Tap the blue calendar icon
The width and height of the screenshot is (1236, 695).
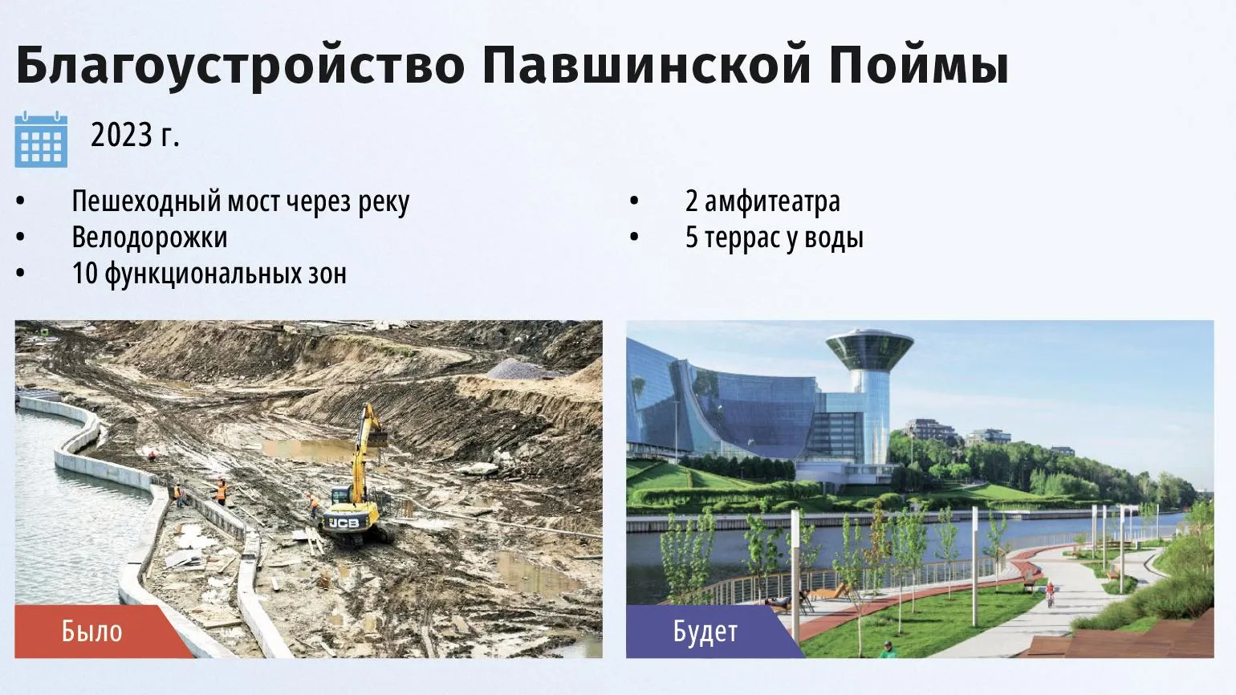pyautogui.click(x=42, y=139)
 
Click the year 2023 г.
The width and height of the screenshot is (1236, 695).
pyautogui.click(x=135, y=135)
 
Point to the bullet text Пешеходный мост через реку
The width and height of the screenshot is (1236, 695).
pyautogui.click(x=241, y=201)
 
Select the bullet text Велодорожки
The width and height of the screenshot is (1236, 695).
pyautogui.click(x=149, y=238)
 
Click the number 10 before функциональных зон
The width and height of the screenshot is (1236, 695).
pyautogui.click(x=85, y=273)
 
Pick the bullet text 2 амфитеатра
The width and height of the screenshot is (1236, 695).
pyautogui.click(x=762, y=201)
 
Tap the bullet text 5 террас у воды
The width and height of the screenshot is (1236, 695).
pyautogui.click(x=775, y=238)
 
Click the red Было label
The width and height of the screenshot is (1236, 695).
pyautogui.click(x=91, y=632)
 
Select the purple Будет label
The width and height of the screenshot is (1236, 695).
pyautogui.click(x=705, y=632)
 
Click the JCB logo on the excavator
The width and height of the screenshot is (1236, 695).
pyautogui.click(x=344, y=522)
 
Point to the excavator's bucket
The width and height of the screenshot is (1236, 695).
pyautogui.click(x=378, y=438)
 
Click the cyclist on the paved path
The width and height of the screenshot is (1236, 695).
pyautogui.click(x=1050, y=593)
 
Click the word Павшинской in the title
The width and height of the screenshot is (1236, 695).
pyautogui.click(x=647, y=65)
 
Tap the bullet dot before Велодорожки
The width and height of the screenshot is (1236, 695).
pyautogui.click(x=20, y=238)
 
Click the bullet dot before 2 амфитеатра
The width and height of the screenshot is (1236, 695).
pyautogui.click(x=634, y=201)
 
